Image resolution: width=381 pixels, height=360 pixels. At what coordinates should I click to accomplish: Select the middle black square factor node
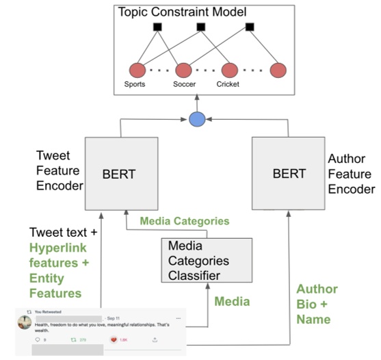(202, 28)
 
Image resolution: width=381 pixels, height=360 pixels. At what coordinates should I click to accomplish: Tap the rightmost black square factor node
(250, 28)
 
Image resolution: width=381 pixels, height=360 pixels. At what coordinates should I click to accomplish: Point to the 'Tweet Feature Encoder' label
(55, 170)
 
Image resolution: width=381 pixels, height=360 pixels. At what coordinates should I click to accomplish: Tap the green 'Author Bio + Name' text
(316, 304)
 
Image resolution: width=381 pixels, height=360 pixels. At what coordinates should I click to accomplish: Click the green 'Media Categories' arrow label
(183, 221)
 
